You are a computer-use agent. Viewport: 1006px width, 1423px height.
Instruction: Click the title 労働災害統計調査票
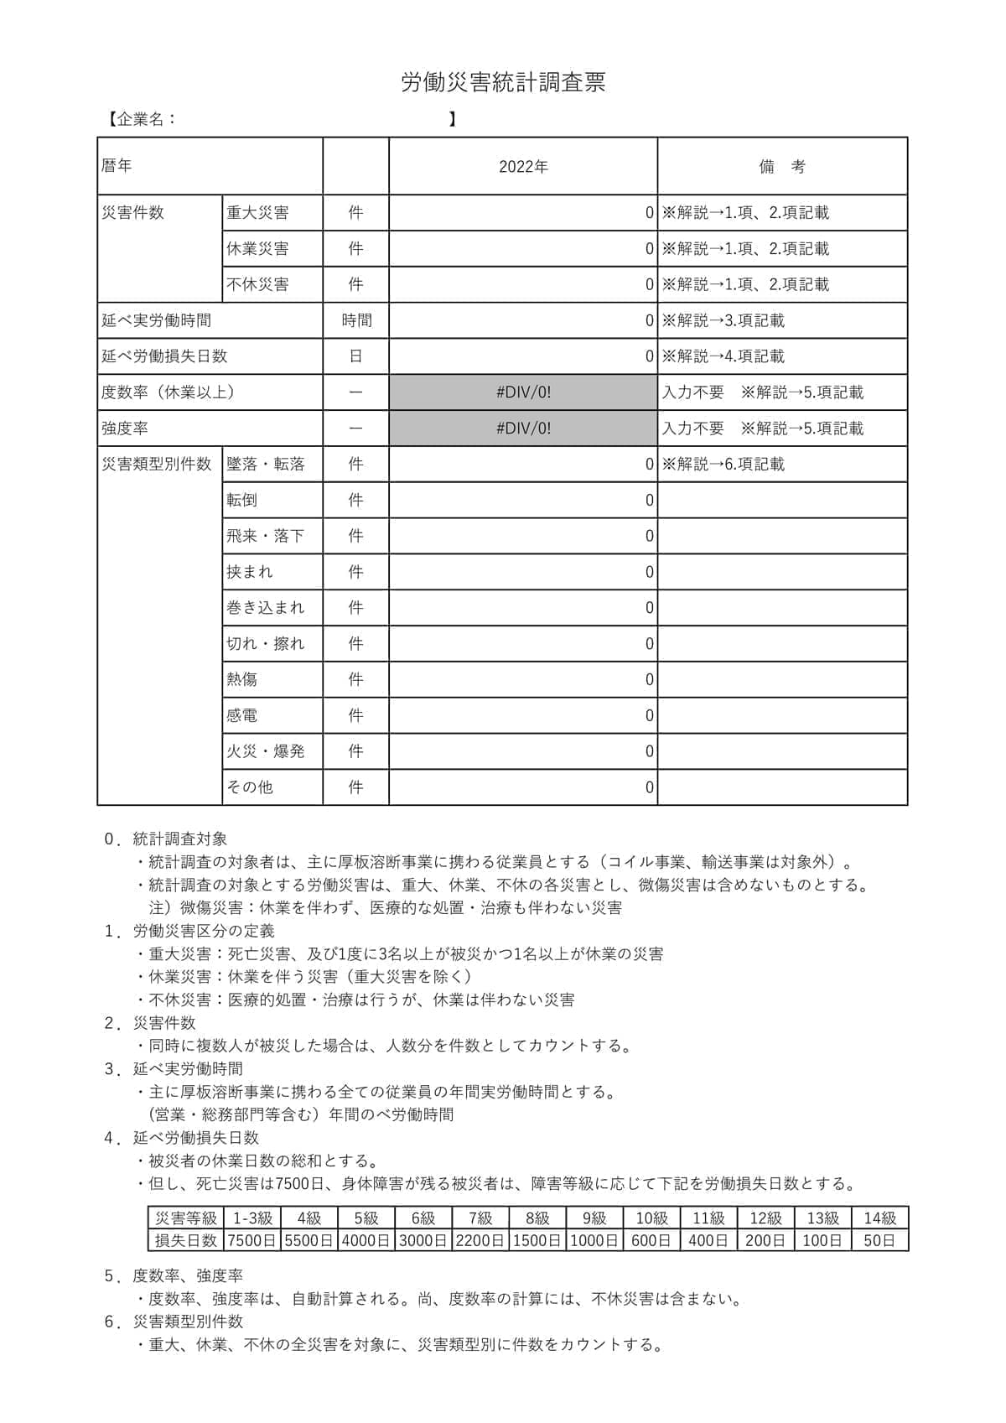coord(503,82)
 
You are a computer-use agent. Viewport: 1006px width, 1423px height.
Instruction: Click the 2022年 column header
coord(523,167)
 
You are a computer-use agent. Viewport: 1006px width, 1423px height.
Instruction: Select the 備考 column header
coord(781,167)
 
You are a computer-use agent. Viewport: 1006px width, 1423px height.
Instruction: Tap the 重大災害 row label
coord(257,213)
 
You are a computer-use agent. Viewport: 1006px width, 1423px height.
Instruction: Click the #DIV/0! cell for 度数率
coord(523,392)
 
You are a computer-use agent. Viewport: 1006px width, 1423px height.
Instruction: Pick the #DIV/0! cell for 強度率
coord(523,428)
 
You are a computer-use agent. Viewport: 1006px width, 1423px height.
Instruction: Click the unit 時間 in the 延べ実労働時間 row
coord(356,320)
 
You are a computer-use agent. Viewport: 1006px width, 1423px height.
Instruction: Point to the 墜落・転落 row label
coord(266,465)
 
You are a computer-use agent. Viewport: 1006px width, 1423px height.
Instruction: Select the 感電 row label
coord(242,715)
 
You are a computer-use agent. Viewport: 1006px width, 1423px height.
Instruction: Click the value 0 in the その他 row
coord(649,787)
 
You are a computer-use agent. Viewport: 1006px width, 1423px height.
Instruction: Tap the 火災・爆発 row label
coord(266,751)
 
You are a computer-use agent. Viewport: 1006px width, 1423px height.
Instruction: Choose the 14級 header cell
coord(879,1218)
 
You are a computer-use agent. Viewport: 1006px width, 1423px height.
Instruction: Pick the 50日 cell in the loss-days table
coord(879,1240)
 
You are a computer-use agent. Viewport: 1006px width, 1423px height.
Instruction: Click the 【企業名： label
coord(141,119)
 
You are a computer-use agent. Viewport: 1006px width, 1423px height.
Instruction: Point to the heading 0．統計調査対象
coord(165,839)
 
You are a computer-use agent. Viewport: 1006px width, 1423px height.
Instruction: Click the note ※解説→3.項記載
coord(723,320)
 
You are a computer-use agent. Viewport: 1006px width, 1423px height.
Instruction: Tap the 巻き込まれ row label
coord(266,608)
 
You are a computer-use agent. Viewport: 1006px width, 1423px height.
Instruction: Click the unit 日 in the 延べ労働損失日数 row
coord(356,356)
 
